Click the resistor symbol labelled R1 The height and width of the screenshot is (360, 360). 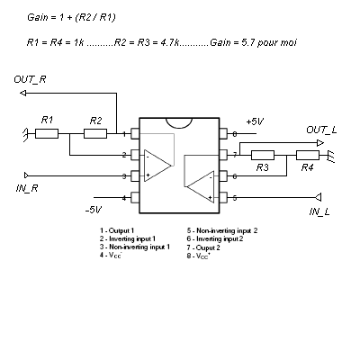click(x=47, y=134)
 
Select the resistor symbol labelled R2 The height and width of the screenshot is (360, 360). click(x=95, y=134)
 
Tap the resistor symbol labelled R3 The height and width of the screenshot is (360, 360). click(x=263, y=156)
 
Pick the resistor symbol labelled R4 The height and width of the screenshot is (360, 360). click(x=308, y=156)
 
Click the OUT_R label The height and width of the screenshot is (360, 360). click(x=30, y=80)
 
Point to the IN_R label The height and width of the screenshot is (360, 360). click(x=27, y=189)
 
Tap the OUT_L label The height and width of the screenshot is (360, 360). click(x=321, y=130)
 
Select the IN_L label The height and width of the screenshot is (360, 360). click(x=319, y=211)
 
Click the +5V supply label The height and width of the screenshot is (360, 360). click(x=255, y=121)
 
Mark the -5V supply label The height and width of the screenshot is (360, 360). click(x=94, y=210)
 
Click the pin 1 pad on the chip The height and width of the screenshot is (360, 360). click(x=135, y=134)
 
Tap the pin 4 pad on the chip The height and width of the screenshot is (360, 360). click(x=135, y=198)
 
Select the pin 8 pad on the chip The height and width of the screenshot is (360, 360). click(x=223, y=134)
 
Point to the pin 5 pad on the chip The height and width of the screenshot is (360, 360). click(x=223, y=198)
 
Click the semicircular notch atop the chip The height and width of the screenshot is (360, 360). click(x=179, y=122)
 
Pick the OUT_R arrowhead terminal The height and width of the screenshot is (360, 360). click(x=23, y=94)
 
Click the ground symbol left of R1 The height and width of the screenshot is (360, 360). click(x=26, y=134)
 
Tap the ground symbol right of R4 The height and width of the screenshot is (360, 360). click(x=331, y=156)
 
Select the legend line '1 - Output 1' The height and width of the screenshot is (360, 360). click(x=117, y=230)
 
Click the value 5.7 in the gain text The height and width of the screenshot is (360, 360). click(x=247, y=42)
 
